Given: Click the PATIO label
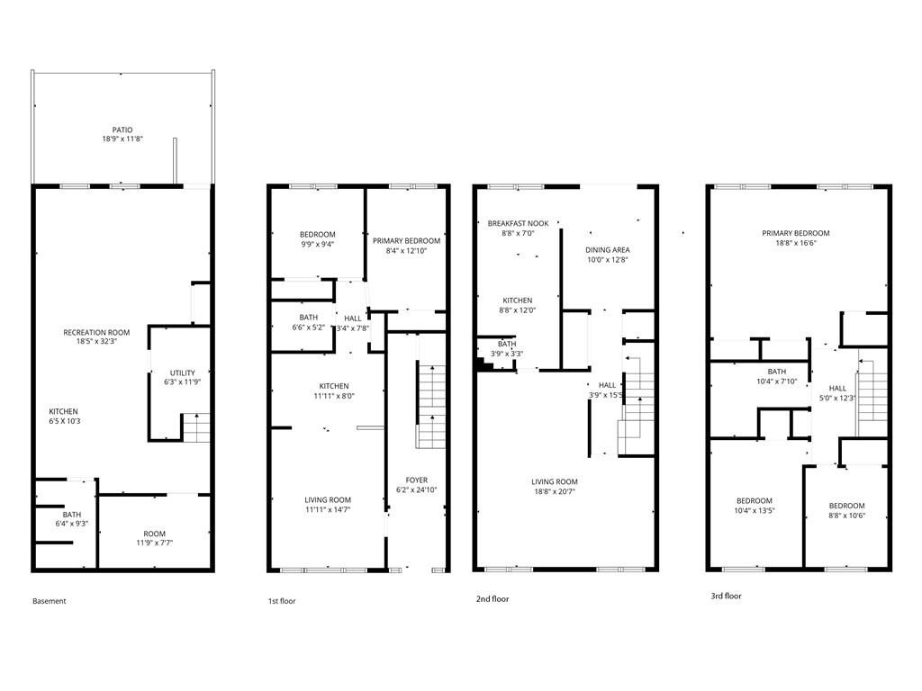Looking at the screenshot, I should [122, 130].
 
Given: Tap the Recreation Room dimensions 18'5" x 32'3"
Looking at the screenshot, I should [96, 342].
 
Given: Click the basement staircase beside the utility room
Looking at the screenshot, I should [196, 426].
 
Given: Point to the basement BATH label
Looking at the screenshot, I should [71, 515].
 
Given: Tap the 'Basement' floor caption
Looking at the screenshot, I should [49, 601].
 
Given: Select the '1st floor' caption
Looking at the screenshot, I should [281, 601].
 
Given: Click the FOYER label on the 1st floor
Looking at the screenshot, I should [416, 480].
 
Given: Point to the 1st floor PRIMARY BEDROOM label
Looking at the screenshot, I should [406, 240].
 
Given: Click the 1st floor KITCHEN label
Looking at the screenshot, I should [327, 386].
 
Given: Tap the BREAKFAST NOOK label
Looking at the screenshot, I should [518, 223].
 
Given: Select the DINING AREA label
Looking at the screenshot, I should [607, 249].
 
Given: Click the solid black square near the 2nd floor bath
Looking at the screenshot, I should [484, 364].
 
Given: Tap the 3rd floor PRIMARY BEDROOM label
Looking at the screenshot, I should [796, 233].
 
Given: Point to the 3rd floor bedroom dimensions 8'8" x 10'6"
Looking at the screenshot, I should [846, 516].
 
